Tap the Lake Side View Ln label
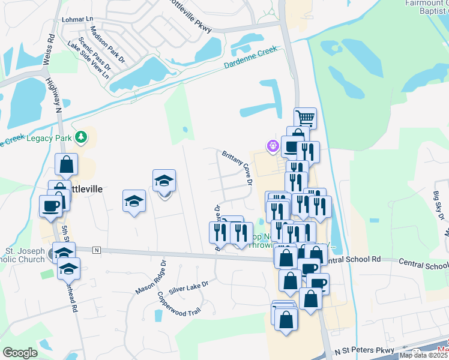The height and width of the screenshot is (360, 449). (88, 60)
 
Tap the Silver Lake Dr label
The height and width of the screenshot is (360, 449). (188, 287)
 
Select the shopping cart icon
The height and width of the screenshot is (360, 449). (306, 118)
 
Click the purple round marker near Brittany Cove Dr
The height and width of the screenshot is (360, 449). (273, 145)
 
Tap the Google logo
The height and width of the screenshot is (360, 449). (20, 352)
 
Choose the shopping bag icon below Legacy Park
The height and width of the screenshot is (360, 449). (66, 164)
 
